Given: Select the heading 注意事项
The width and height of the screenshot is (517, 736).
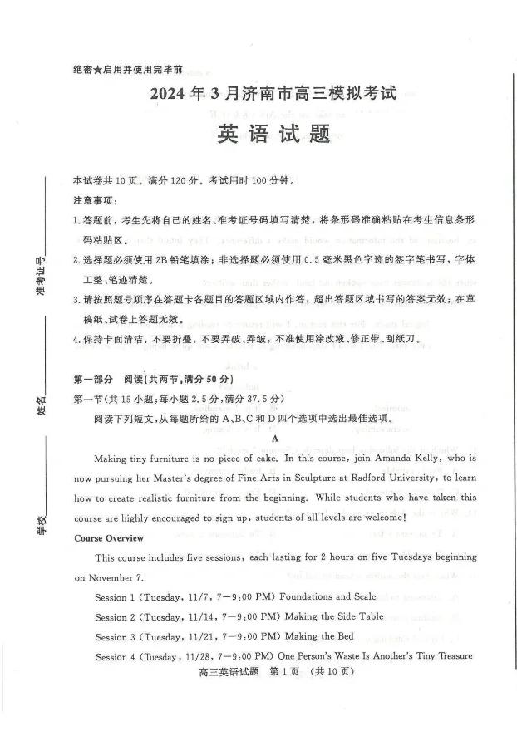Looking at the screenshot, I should tap(95, 200).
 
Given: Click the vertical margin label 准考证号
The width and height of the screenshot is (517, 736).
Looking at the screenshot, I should tap(40, 277).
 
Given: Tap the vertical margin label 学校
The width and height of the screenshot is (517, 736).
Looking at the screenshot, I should tap(40, 525).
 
